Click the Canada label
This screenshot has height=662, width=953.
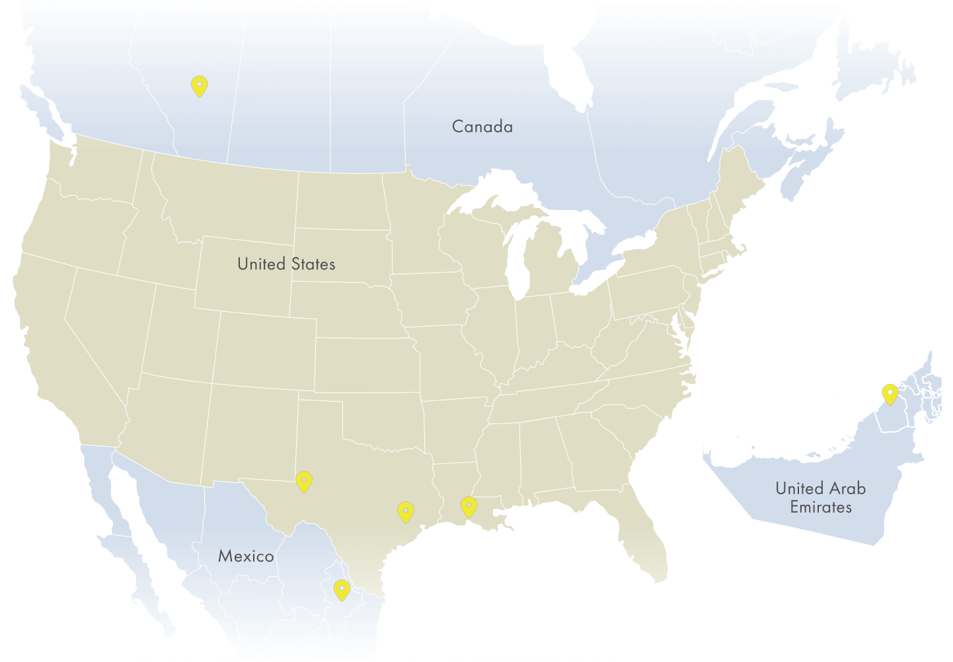482,126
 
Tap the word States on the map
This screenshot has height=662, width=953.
313,264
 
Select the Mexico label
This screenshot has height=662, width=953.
246,556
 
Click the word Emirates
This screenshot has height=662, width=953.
821,507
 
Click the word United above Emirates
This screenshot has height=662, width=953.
799,489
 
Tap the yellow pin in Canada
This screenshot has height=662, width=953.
199,86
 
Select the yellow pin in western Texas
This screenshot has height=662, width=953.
303,482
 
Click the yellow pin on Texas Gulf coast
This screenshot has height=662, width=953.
405,511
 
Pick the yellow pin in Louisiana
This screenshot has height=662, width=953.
469,506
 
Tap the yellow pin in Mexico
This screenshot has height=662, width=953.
341,589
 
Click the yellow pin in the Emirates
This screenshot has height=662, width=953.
890,394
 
